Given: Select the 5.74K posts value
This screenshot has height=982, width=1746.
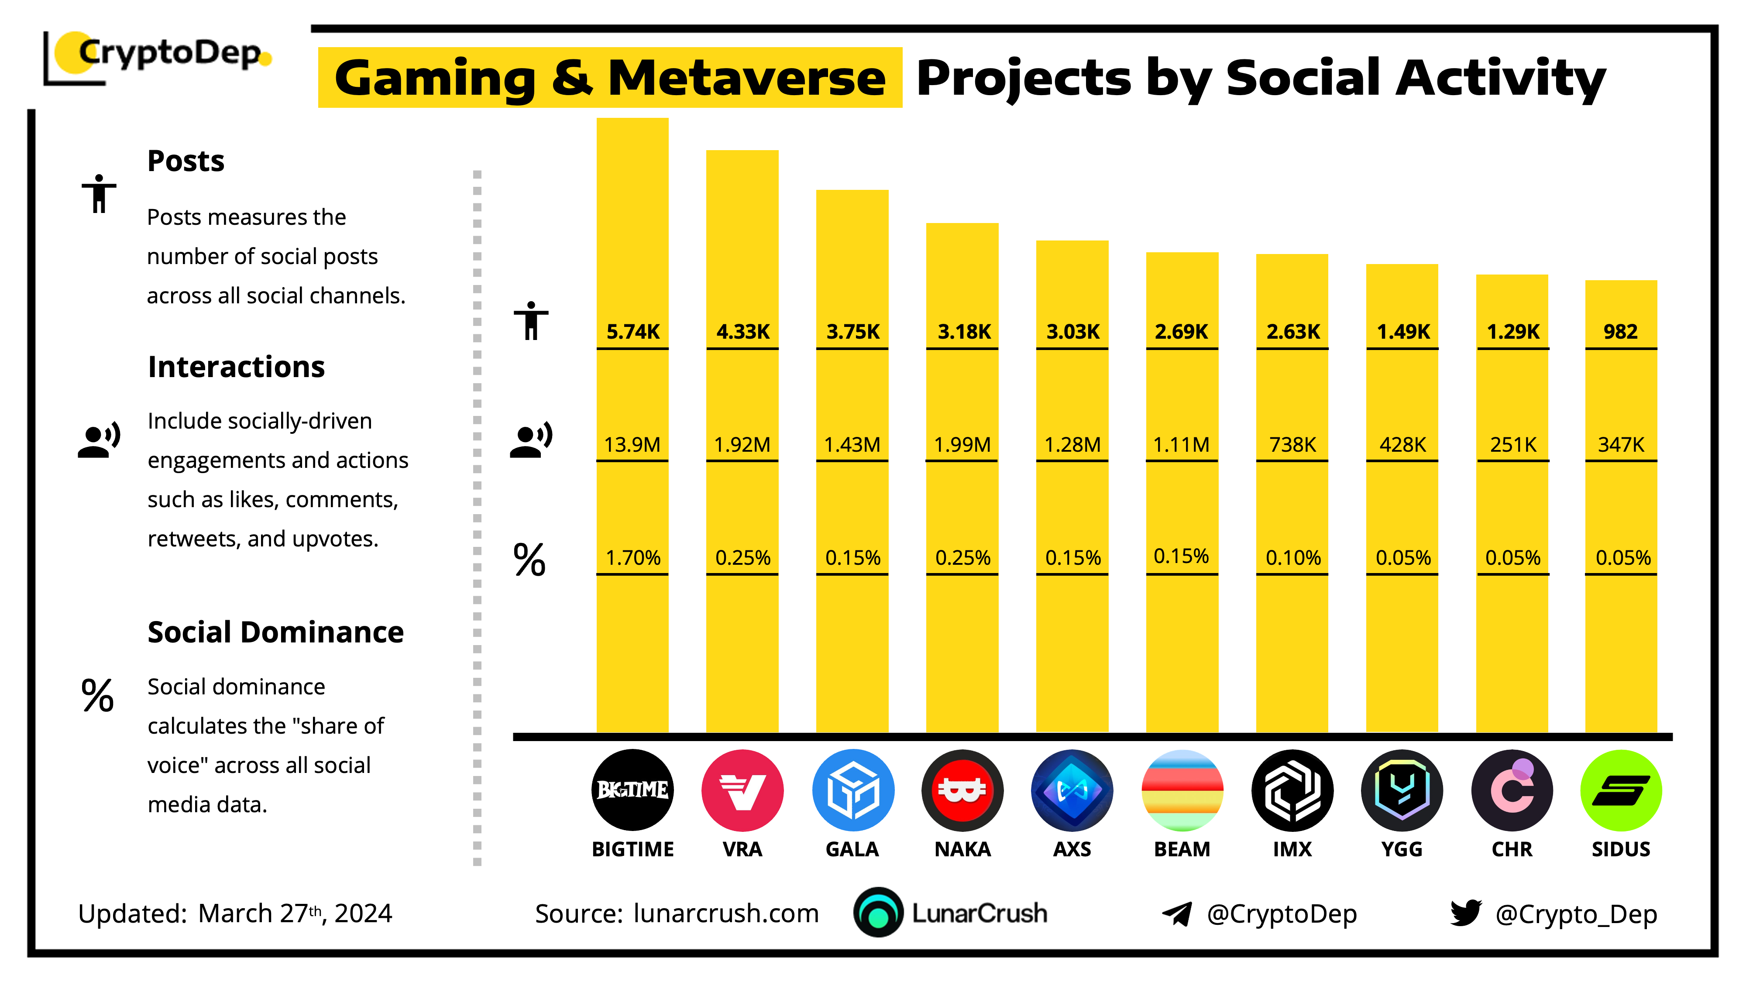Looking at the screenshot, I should (x=632, y=331).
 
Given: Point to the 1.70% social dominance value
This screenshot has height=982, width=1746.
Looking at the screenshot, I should (x=632, y=558).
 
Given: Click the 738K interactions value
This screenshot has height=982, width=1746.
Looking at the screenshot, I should (x=1292, y=445).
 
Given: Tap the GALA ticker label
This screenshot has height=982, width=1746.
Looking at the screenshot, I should (x=852, y=849).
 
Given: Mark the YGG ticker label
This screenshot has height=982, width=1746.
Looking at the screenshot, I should (x=1402, y=849).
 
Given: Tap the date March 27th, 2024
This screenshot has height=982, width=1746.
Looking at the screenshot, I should (x=295, y=913).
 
